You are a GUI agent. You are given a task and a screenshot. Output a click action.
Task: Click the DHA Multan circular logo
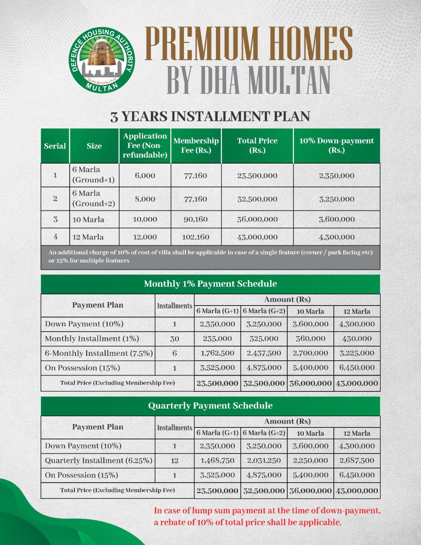click(102, 61)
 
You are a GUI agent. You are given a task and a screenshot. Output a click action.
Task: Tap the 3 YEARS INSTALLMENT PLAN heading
click(210, 116)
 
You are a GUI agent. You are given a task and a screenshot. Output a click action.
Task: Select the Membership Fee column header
click(196, 145)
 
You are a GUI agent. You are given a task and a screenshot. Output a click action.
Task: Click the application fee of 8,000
click(145, 199)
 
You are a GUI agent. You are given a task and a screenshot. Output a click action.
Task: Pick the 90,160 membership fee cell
click(196, 219)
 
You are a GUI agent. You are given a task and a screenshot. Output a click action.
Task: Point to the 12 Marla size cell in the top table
click(88, 237)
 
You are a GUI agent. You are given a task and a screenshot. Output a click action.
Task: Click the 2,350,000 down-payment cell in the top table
click(337, 176)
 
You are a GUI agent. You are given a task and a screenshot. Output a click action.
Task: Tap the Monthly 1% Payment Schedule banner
click(210, 284)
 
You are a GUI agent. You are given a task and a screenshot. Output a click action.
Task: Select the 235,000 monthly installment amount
click(217, 339)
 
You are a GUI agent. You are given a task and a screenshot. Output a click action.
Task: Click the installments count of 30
click(174, 339)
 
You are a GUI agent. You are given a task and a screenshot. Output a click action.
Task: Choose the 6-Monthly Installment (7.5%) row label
click(99, 353)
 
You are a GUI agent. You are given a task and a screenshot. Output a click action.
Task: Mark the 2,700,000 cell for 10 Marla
click(310, 353)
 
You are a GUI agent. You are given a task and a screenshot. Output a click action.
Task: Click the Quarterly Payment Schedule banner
click(210, 406)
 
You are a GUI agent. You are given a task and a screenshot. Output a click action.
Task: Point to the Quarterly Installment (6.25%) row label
click(98, 461)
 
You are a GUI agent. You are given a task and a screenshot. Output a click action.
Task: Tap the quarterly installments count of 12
click(174, 461)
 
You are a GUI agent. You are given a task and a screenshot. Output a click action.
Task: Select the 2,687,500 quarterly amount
click(357, 461)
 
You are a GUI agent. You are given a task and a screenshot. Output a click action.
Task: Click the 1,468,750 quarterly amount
click(217, 461)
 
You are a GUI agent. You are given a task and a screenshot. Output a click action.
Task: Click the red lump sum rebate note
click(267, 516)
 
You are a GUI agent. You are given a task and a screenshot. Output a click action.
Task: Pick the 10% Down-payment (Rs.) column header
click(337, 145)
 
